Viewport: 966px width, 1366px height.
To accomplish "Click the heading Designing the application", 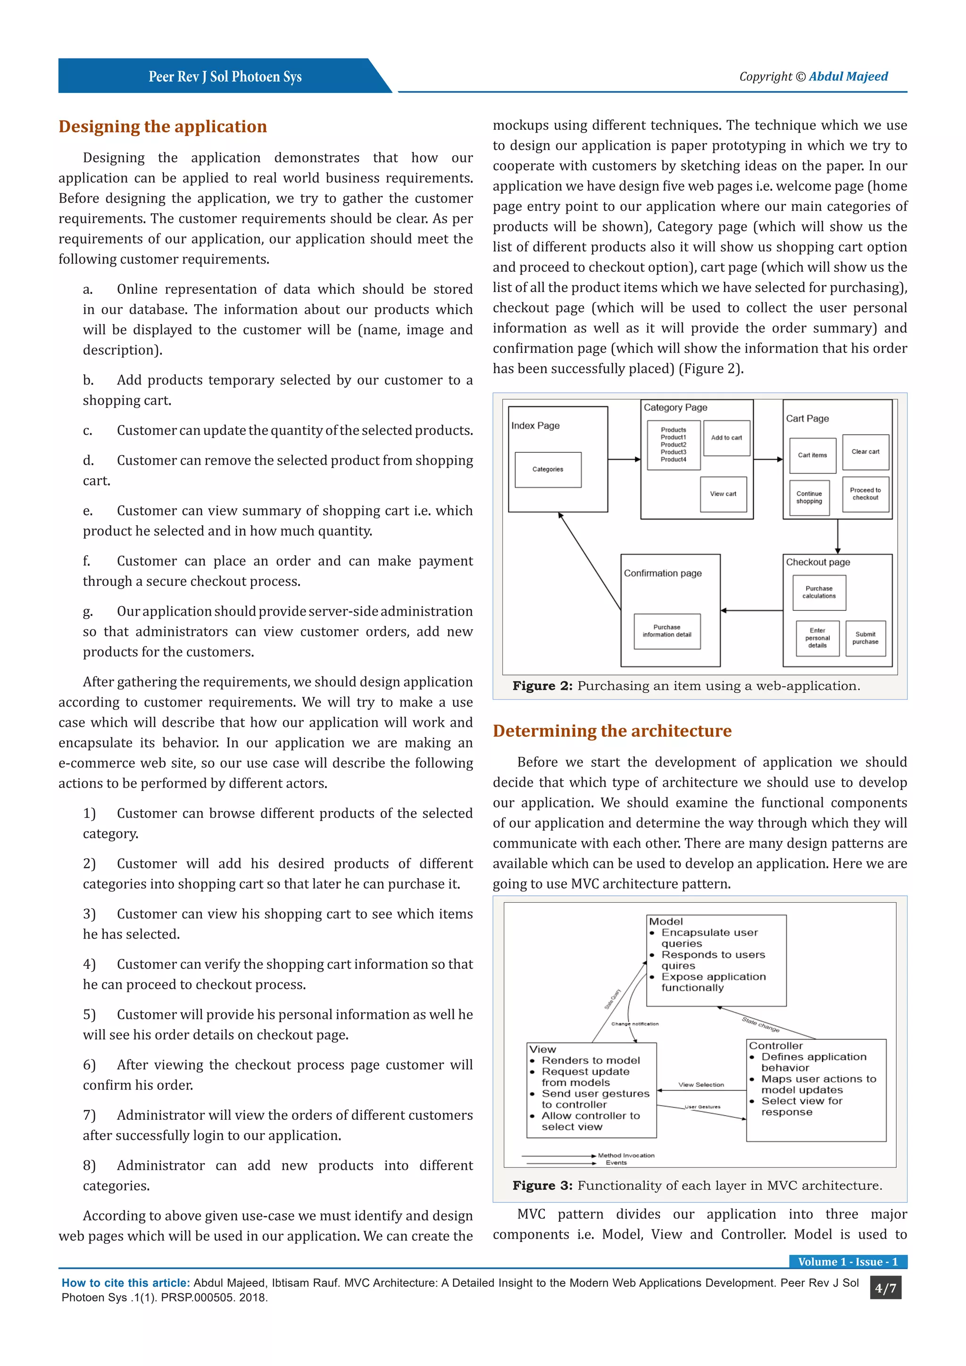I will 162,127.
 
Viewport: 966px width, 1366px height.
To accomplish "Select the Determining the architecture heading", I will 612,731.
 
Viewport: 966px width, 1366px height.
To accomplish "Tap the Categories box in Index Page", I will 548,469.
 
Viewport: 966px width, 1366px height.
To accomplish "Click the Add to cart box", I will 726,438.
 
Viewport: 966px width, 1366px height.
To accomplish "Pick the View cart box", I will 723,494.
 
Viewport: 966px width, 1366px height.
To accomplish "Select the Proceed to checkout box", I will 866,494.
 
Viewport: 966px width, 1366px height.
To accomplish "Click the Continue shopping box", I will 809,497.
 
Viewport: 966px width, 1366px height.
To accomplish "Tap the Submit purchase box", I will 866,638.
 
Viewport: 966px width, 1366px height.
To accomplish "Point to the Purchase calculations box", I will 819,592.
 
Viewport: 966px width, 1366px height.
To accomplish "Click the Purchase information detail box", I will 667,631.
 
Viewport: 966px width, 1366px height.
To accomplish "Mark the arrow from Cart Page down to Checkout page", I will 838,537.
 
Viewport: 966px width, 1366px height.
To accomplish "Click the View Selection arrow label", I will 701,1084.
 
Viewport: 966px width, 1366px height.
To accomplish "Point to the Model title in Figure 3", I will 666,922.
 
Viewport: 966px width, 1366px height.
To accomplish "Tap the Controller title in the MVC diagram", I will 775,1046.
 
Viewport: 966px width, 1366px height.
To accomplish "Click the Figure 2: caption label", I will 542,686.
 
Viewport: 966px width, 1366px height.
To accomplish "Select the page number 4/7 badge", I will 885,1289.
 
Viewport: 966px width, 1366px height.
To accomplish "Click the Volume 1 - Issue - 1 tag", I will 848,1262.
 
